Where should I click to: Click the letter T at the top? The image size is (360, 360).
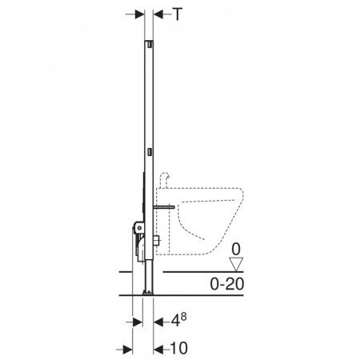(178, 14)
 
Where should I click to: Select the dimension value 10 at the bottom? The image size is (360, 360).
(179, 348)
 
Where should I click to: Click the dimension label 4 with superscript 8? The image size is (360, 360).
(178, 320)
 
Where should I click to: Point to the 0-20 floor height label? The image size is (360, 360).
(227, 284)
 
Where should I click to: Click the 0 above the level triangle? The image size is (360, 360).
(236, 250)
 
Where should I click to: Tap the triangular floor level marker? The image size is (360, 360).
(236, 265)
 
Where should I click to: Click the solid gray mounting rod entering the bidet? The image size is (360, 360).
(164, 206)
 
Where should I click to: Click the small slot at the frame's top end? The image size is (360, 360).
(150, 44)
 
